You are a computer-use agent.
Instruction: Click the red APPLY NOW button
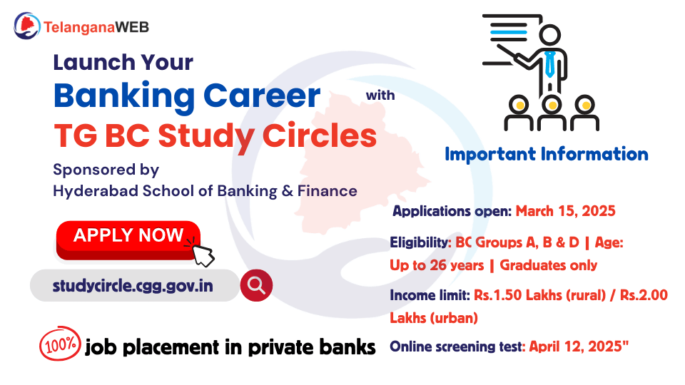coord(128,236)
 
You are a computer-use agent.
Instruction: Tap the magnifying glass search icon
coord(256,285)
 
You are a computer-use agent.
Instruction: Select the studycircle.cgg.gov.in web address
coord(133,286)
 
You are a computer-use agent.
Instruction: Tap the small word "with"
coord(380,95)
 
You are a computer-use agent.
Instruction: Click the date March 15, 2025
coord(565,211)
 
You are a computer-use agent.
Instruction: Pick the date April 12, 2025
coord(579,347)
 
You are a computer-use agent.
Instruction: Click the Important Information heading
coord(546,154)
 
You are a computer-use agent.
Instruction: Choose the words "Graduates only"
coord(548,265)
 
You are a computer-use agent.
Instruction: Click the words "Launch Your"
coord(123,62)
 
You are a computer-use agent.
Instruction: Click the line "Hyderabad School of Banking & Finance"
coord(205,190)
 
